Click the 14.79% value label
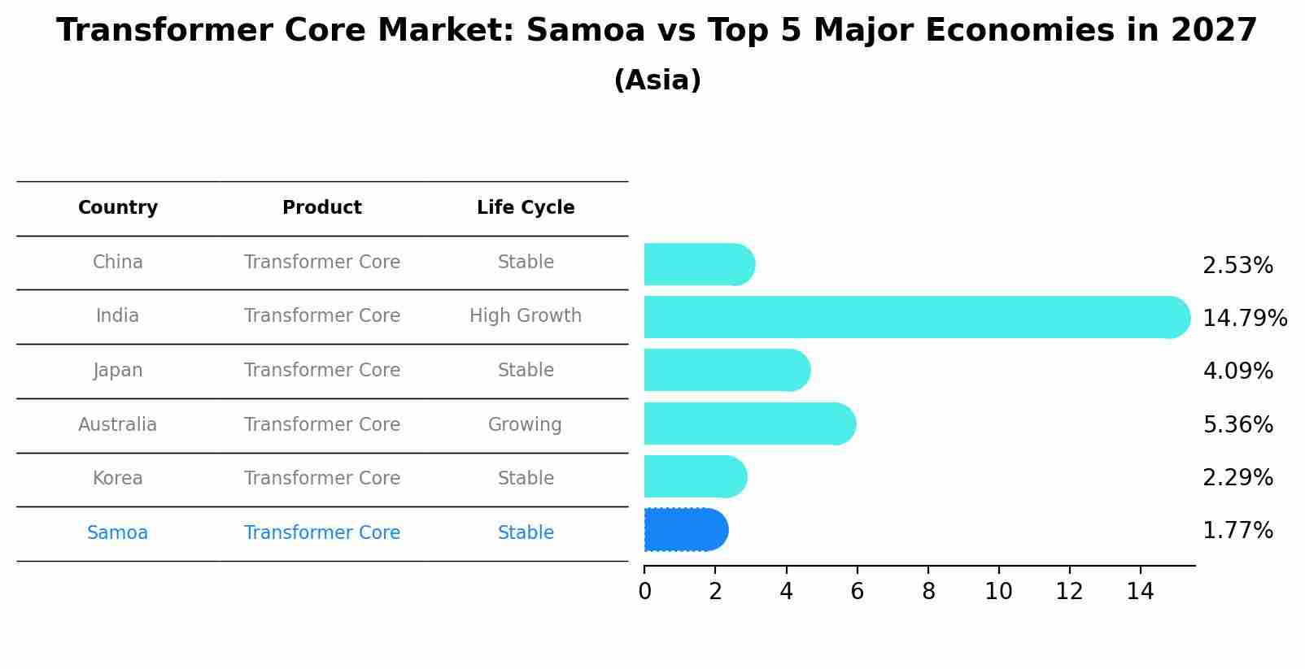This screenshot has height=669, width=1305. (1244, 318)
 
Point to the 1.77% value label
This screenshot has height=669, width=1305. (1237, 531)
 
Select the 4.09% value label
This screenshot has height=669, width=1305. (1237, 371)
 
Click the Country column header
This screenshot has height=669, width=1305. (118, 208)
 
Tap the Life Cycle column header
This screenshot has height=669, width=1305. (526, 208)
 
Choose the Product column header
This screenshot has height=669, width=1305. (322, 208)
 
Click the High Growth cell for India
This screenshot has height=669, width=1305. (526, 315)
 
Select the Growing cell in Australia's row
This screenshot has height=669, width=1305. (525, 424)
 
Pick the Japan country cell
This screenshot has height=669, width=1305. (118, 371)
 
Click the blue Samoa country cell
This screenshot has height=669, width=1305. (118, 533)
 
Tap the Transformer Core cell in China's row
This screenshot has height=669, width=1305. (322, 263)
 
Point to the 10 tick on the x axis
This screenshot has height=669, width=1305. (998, 592)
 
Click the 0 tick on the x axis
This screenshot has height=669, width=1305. (645, 592)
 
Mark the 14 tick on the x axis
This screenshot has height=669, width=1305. (1140, 592)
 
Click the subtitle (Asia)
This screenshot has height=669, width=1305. (657, 80)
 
